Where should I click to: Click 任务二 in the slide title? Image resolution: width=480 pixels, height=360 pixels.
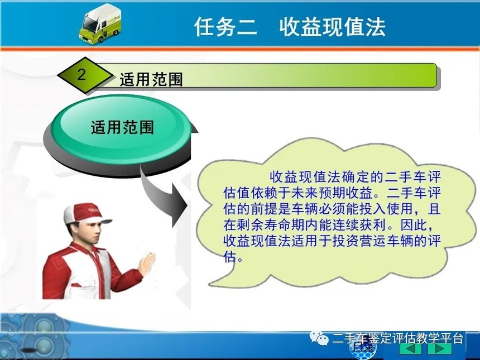(x=225, y=27)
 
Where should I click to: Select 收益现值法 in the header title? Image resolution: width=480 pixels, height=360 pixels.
(x=332, y=27)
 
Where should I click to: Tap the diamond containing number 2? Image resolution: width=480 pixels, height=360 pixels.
(x=85, y=75)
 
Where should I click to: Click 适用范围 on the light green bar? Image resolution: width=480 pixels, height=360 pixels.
(x=151, y=80)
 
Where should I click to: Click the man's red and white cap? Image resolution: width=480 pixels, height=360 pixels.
(x=86, y=213)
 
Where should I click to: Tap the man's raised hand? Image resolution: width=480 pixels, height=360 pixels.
(x=147, y=263)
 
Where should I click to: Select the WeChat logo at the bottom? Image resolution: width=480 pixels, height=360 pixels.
(x=319, y=338)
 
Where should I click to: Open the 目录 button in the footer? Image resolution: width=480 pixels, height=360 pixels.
(x=363, y=348)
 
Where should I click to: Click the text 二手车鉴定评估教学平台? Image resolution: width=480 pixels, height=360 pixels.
(x=397, y=338)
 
